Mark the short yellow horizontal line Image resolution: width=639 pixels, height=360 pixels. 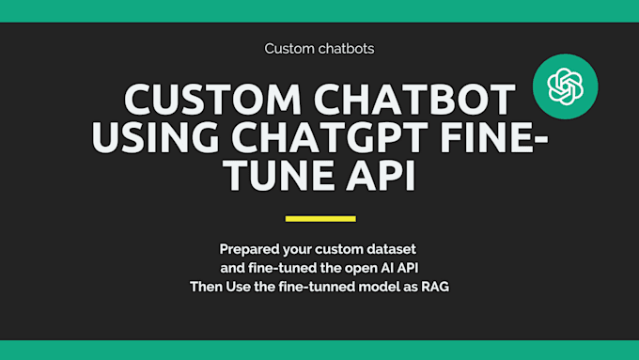tap(319, 219)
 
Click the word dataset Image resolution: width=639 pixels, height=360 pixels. tap(390, 250)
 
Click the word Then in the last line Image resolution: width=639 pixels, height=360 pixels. tap(206, 286)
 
